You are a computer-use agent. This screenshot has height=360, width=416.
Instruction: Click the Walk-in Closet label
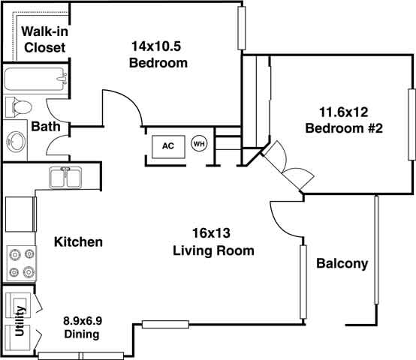43,39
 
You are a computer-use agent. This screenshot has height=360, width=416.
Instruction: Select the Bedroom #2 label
345,128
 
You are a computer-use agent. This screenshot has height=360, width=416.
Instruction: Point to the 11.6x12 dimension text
345,112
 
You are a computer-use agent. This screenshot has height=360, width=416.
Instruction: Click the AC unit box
168,145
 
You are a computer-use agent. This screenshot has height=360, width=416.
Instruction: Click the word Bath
46,127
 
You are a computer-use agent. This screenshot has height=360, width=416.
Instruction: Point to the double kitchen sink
66,178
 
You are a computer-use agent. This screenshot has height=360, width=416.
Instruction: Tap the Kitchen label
78,242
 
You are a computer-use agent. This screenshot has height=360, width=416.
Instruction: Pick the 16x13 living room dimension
213,233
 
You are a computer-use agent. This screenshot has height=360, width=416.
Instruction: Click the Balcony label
342,263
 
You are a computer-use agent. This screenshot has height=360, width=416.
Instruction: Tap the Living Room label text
213,250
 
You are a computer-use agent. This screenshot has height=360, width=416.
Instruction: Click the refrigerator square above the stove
20,214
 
